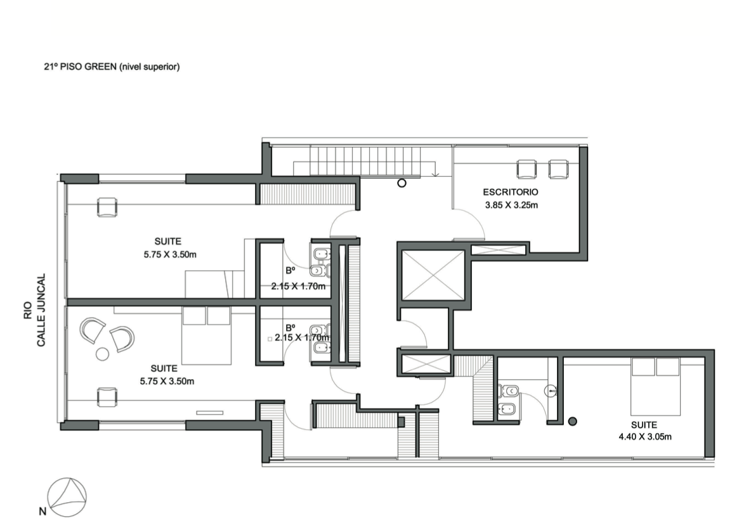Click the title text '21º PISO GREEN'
tap(81, 67)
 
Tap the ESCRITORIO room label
tap(510, 192)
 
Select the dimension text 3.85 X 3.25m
tap(511, 205)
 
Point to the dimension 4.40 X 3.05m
tap(644, 437)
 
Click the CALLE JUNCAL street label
tap(41, 310)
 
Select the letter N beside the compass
tap(42, 512)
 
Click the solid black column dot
tap(572, 422)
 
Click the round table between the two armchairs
tap(102, 354)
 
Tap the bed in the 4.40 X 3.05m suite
tap(656, 386)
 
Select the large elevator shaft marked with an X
tap(433, 275)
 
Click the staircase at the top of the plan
tap(365, 162)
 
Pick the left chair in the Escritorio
tap(526, 169)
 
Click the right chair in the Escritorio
tap(558, 169)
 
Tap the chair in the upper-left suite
tap(107, 207)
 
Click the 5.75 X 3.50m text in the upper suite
tap(170, 254)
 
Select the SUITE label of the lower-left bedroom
tap(164, 368)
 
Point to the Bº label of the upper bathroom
tap(291, 271)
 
